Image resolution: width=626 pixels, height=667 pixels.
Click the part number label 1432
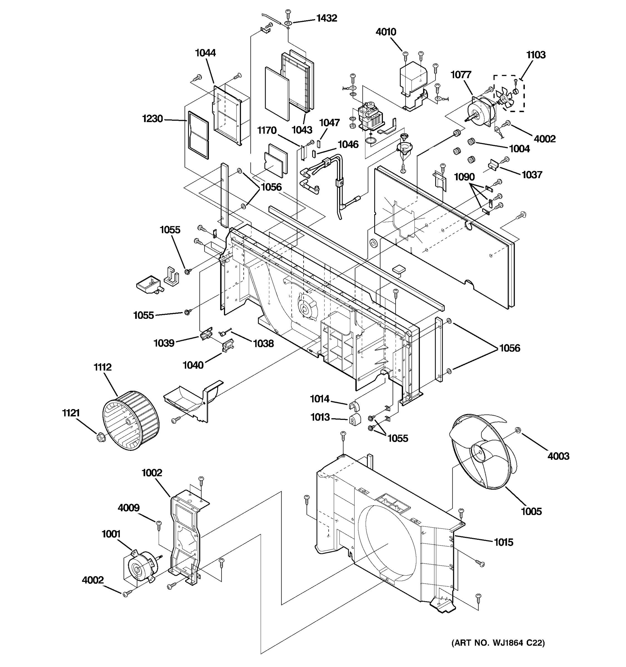point(326,18)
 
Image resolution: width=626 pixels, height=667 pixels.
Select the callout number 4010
point(386,32)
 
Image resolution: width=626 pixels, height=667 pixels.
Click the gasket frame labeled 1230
point(198,135)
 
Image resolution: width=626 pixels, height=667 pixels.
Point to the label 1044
point(205,53)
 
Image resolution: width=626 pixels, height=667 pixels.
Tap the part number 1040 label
point(193,365)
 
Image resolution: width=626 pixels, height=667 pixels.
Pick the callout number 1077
point(461,75)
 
